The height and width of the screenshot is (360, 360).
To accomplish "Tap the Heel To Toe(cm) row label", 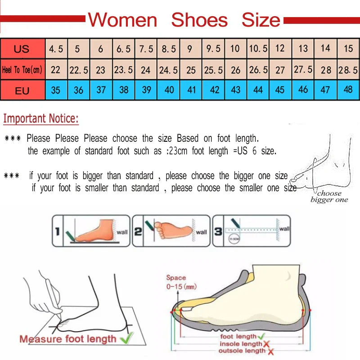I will coord(22,70).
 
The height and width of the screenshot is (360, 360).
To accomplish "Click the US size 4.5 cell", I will coord(56,49).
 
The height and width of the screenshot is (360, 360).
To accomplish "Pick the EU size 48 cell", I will coord(348,90).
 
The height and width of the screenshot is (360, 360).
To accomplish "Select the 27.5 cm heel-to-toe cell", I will coord(303,70).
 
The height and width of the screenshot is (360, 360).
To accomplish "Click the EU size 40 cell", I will coord(169,90).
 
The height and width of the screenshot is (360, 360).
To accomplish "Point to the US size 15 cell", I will coord(348,49).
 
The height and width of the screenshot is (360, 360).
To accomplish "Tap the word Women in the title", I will coord(122,20).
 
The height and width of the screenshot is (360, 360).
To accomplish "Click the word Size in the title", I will coord(261,20).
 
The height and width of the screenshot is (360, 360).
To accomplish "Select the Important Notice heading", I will coord(41,119).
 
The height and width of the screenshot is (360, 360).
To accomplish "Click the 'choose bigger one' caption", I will coord(329,197).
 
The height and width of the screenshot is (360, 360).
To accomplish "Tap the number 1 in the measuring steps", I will coord(57,232).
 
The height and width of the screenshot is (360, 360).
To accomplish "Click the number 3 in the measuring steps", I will coord(218,232).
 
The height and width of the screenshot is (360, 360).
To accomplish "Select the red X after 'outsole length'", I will coord(269,351).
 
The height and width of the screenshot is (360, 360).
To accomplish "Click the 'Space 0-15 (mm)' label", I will coord(180,282).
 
